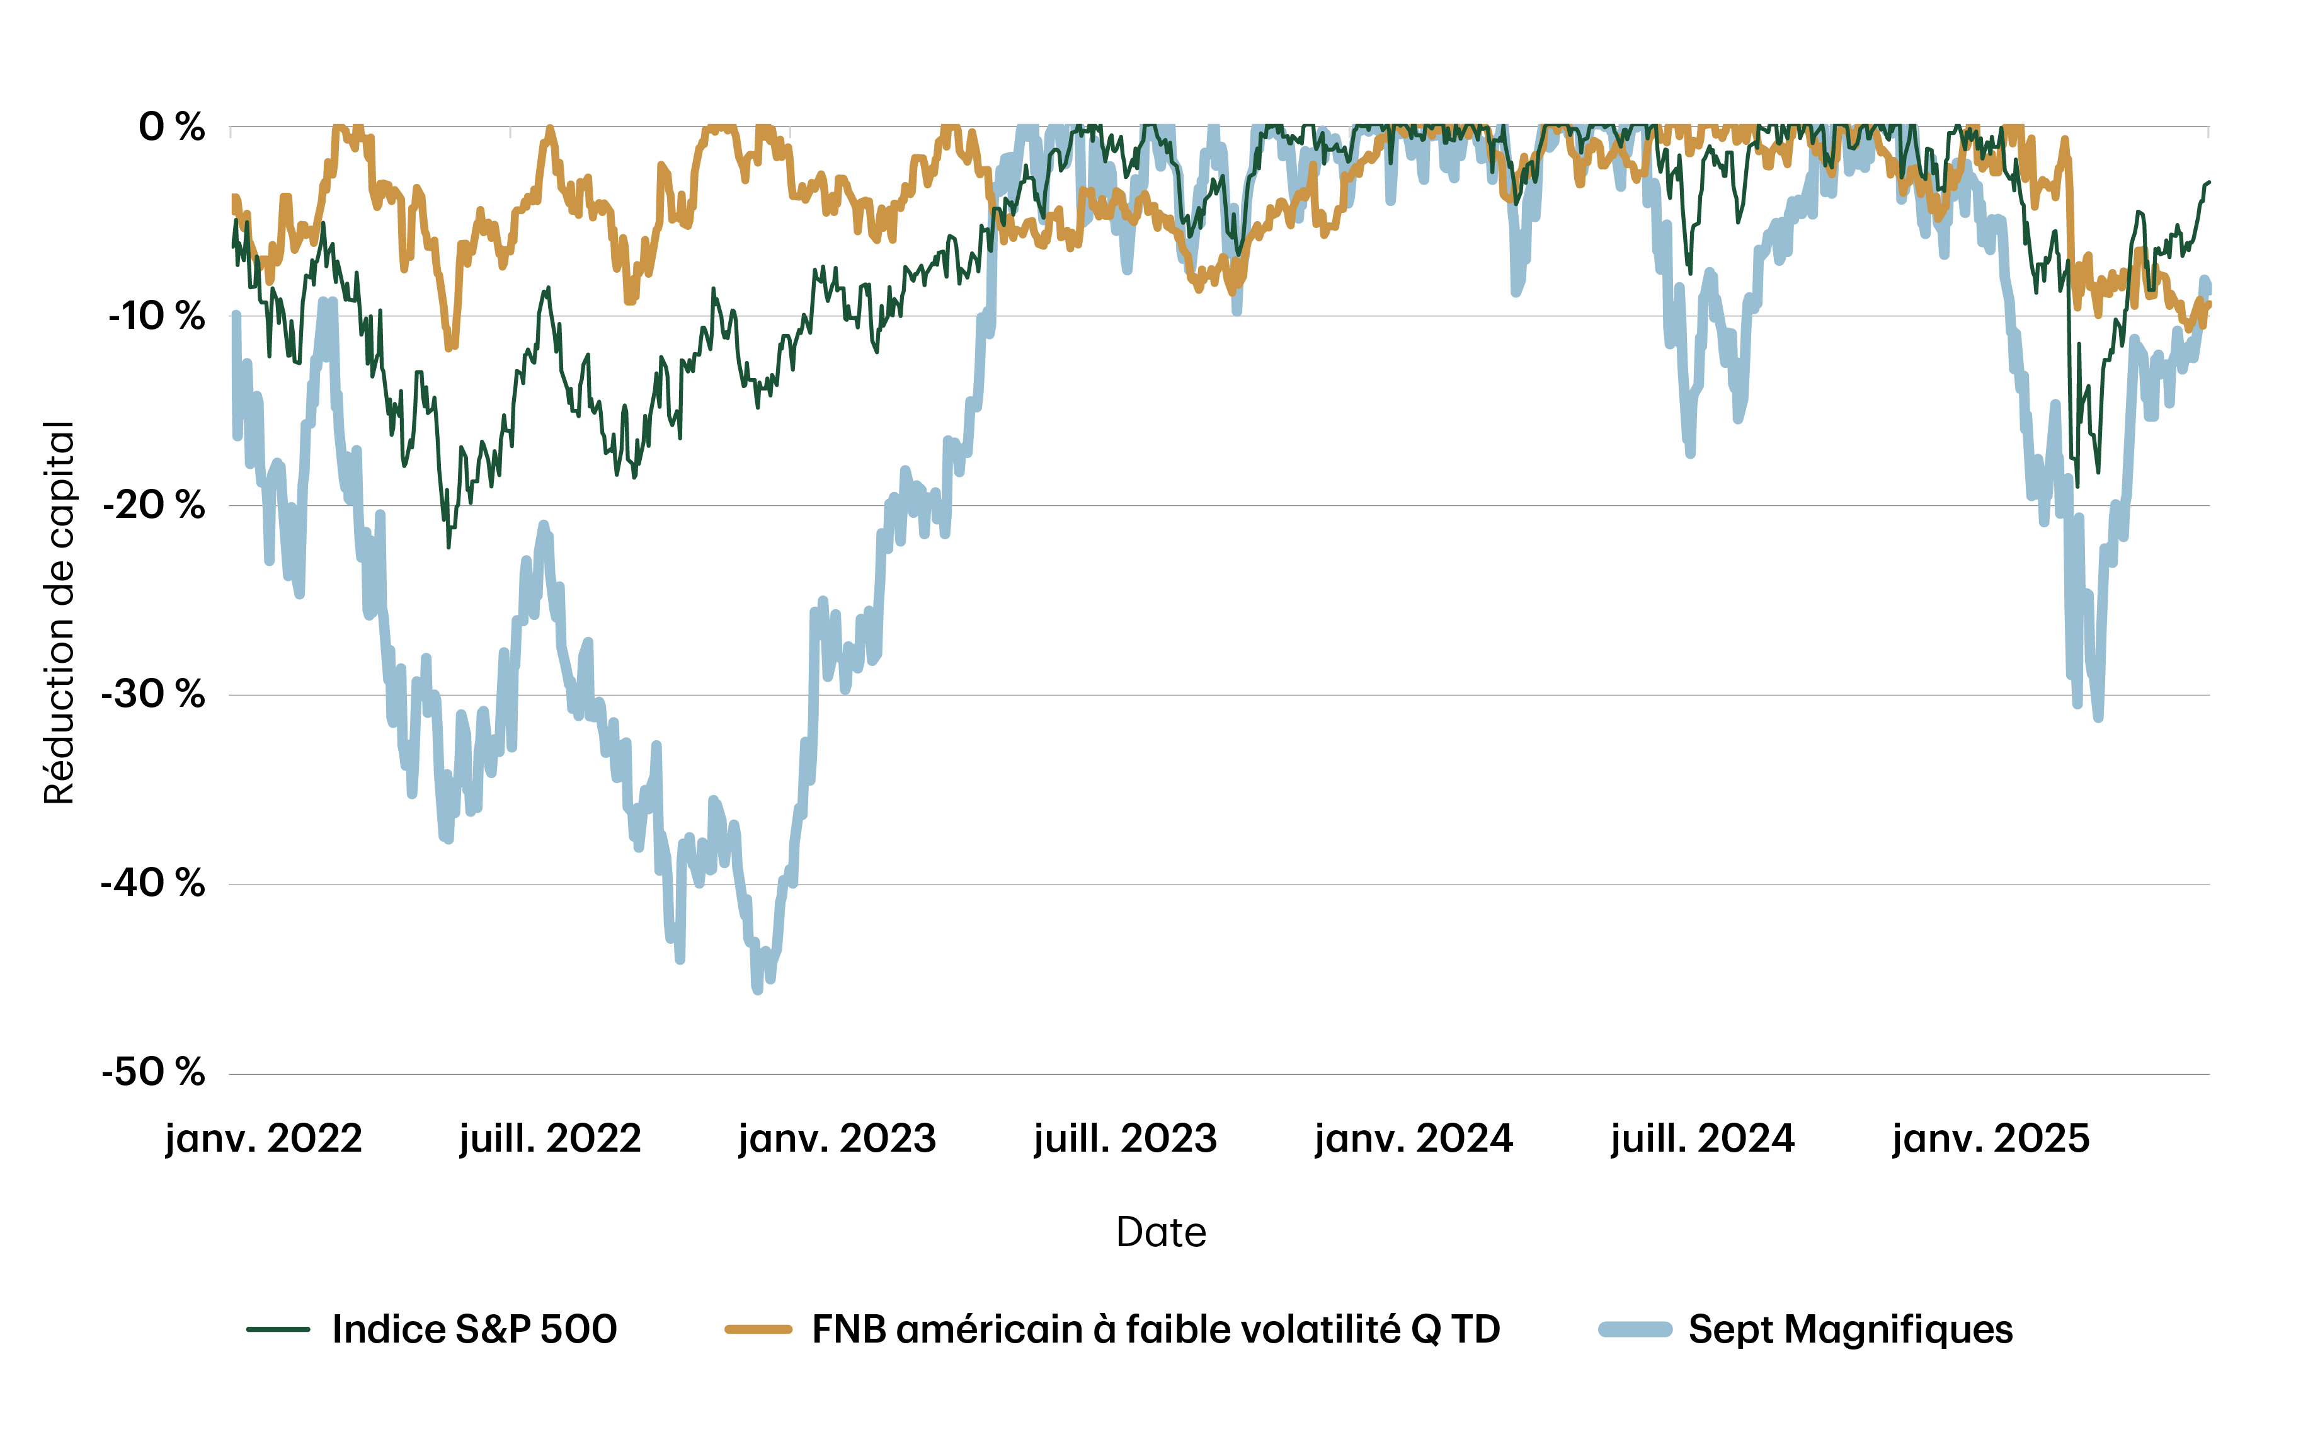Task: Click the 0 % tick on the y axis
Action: point(172,127)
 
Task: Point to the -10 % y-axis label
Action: point(157,316)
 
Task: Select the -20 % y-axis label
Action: point(155,505)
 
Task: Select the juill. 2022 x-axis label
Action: point(550,1138)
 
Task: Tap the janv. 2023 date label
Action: point(837,1138)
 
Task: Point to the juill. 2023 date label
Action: point(1125,1138)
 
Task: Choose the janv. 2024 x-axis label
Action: point(1414,1138)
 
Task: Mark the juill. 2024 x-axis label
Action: point(1703,1138)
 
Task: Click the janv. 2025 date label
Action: point(1991,1138)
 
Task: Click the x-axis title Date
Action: point(1160,1232)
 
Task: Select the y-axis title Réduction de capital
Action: point(59,613)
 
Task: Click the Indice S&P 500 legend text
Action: point(474,1329)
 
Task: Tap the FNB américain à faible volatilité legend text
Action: point(1155,1329)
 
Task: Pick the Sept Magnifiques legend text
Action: point(1851,1329)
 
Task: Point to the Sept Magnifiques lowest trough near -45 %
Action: point(757,990)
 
